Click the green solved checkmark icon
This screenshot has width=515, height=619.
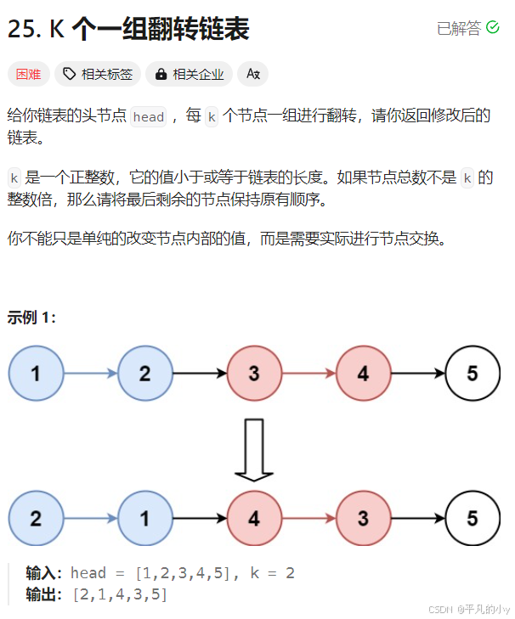[493, 28]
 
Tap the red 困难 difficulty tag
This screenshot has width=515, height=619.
[29, 74]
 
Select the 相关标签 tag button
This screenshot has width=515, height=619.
[99, 74]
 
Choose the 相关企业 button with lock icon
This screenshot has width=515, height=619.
[190, 74]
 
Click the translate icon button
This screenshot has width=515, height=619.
[252, 74]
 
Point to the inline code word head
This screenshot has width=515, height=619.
[148, 117]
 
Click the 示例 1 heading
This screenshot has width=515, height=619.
[32, 318]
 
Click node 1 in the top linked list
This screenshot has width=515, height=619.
[36, 373]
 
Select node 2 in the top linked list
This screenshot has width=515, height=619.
[145, 373]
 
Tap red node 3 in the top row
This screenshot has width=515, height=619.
[254, 373]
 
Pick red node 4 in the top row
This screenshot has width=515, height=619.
[363, 373]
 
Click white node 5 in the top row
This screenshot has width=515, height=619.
[473, 373]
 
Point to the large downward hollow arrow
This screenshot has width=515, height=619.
[254, 448]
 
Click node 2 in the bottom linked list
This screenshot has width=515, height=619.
[36, 518]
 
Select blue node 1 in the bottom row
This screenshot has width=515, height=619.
[145, 518]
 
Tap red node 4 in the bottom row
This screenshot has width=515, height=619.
[254, 518]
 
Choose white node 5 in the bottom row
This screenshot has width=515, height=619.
[473, 518]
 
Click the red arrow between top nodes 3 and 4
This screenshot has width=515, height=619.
[308, 373]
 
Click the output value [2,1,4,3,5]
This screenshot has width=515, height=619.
[119, 594]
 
